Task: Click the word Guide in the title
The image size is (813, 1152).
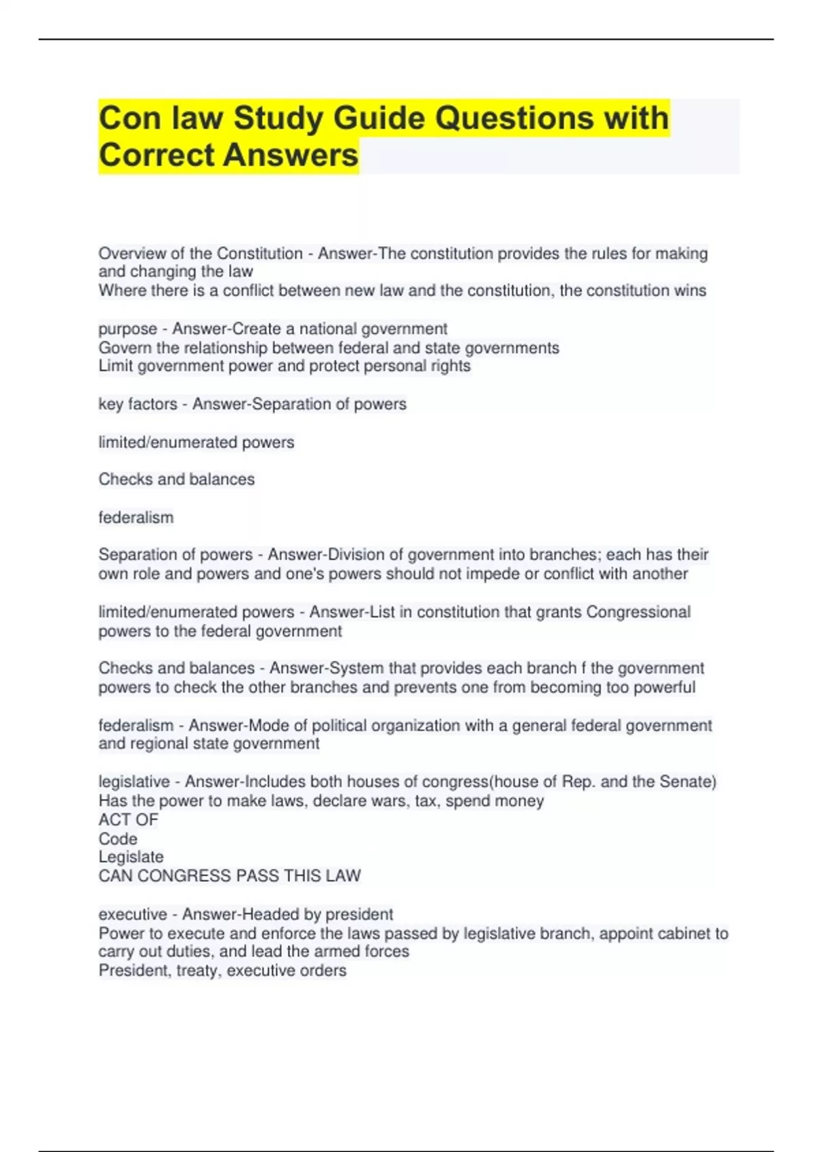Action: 379,119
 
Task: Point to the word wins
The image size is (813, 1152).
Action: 690,291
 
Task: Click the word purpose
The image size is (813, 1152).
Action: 127,329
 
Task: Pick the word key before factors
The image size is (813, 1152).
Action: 110,404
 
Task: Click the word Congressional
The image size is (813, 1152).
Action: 638,612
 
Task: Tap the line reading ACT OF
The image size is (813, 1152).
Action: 128,820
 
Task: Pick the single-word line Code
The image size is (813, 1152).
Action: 118,838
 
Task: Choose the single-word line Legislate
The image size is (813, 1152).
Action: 131,857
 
